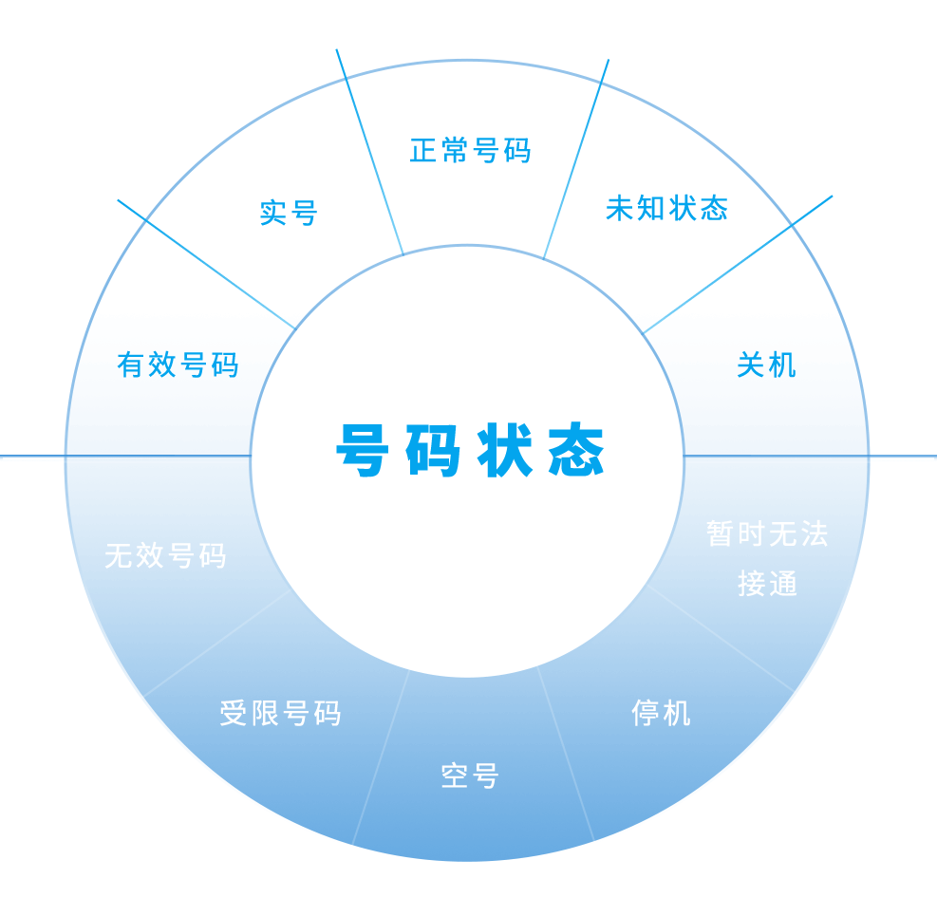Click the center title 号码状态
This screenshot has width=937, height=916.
(471, 451)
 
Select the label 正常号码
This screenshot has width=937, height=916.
(470, 150)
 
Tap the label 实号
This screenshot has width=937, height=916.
(289, 213)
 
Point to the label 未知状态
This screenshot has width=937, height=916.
(666, 208)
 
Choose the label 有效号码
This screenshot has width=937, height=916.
(178, 365)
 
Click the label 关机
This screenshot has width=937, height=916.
(766, 365)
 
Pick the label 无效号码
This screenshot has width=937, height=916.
(165, 555)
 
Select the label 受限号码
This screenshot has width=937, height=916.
(280, 713)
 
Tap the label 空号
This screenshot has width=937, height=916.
(470, 776)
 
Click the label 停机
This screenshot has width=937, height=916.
(662, 713)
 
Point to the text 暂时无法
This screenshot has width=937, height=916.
(767, 533)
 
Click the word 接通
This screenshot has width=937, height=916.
(767, 584)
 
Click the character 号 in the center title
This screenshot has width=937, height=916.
(363, 451)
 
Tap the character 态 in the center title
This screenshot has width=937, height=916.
(577, 451)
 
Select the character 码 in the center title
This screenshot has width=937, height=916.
(433, 451)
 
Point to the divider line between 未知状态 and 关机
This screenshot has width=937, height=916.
(737, 265)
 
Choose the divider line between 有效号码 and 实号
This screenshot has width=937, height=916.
(207, 264)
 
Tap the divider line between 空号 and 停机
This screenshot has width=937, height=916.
(566, 754)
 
